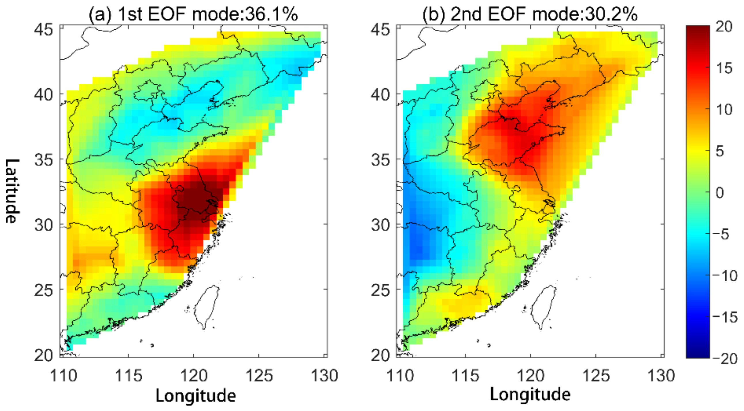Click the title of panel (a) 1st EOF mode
pos(193,14)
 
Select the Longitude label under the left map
pos(196,395)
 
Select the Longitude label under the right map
pos(530,394)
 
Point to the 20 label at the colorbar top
pos(724,27)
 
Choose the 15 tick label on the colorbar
pos(724,68)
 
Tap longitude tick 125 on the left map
pos(259,376)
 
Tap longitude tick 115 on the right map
pos(465,376)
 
